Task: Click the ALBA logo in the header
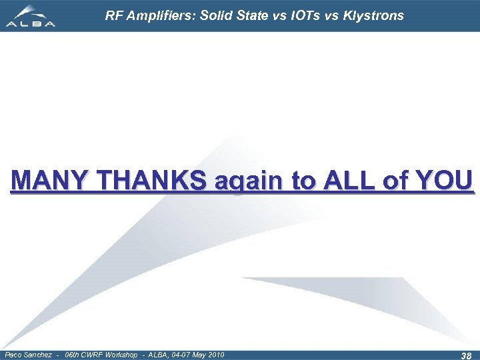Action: coord(30,16)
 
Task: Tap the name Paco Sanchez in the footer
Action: coord(27,354)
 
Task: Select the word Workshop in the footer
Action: coord(119,354)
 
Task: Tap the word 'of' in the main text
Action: coord(396,181)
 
